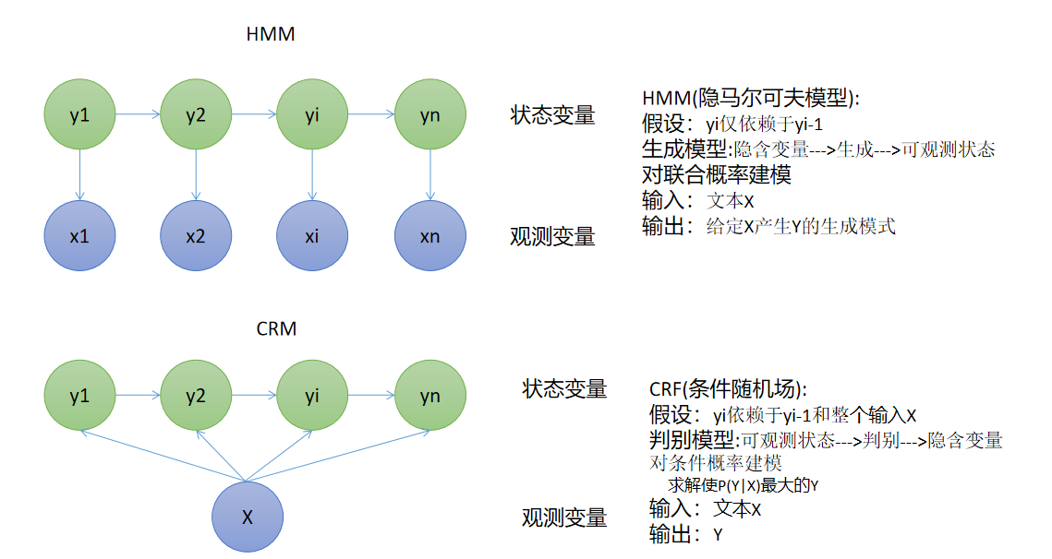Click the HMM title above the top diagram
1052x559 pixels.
(x=271, y=35)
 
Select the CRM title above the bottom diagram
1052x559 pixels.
(x=276, y=328)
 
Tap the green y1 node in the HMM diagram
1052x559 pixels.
(x=79, y=115)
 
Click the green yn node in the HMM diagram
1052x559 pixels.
(x=429, y=115)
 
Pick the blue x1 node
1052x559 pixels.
(x=79, y=236)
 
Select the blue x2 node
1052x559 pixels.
(x=196, y=236)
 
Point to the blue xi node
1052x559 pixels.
(x=312, y=236)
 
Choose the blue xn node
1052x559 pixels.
(x=429, y=236)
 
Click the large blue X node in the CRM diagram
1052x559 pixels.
(x=248, y=517)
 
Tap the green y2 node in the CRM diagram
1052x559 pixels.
(x=196, y=396)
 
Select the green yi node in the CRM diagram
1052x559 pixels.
(x=312, y=396)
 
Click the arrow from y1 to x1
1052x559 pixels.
(x=79, y=175)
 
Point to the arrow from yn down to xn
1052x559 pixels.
(x=429, y=175)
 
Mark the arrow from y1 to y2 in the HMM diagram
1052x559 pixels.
(x=138, y=115)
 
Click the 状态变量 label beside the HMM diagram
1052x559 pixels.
(x=552, y=115)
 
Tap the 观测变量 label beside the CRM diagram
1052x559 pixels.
(x=564, y=517)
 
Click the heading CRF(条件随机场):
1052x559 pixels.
(x=729, y=390)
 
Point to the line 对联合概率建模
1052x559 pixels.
(x=716, y=174)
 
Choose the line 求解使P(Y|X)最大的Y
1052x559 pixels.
(x=744, y=485)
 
